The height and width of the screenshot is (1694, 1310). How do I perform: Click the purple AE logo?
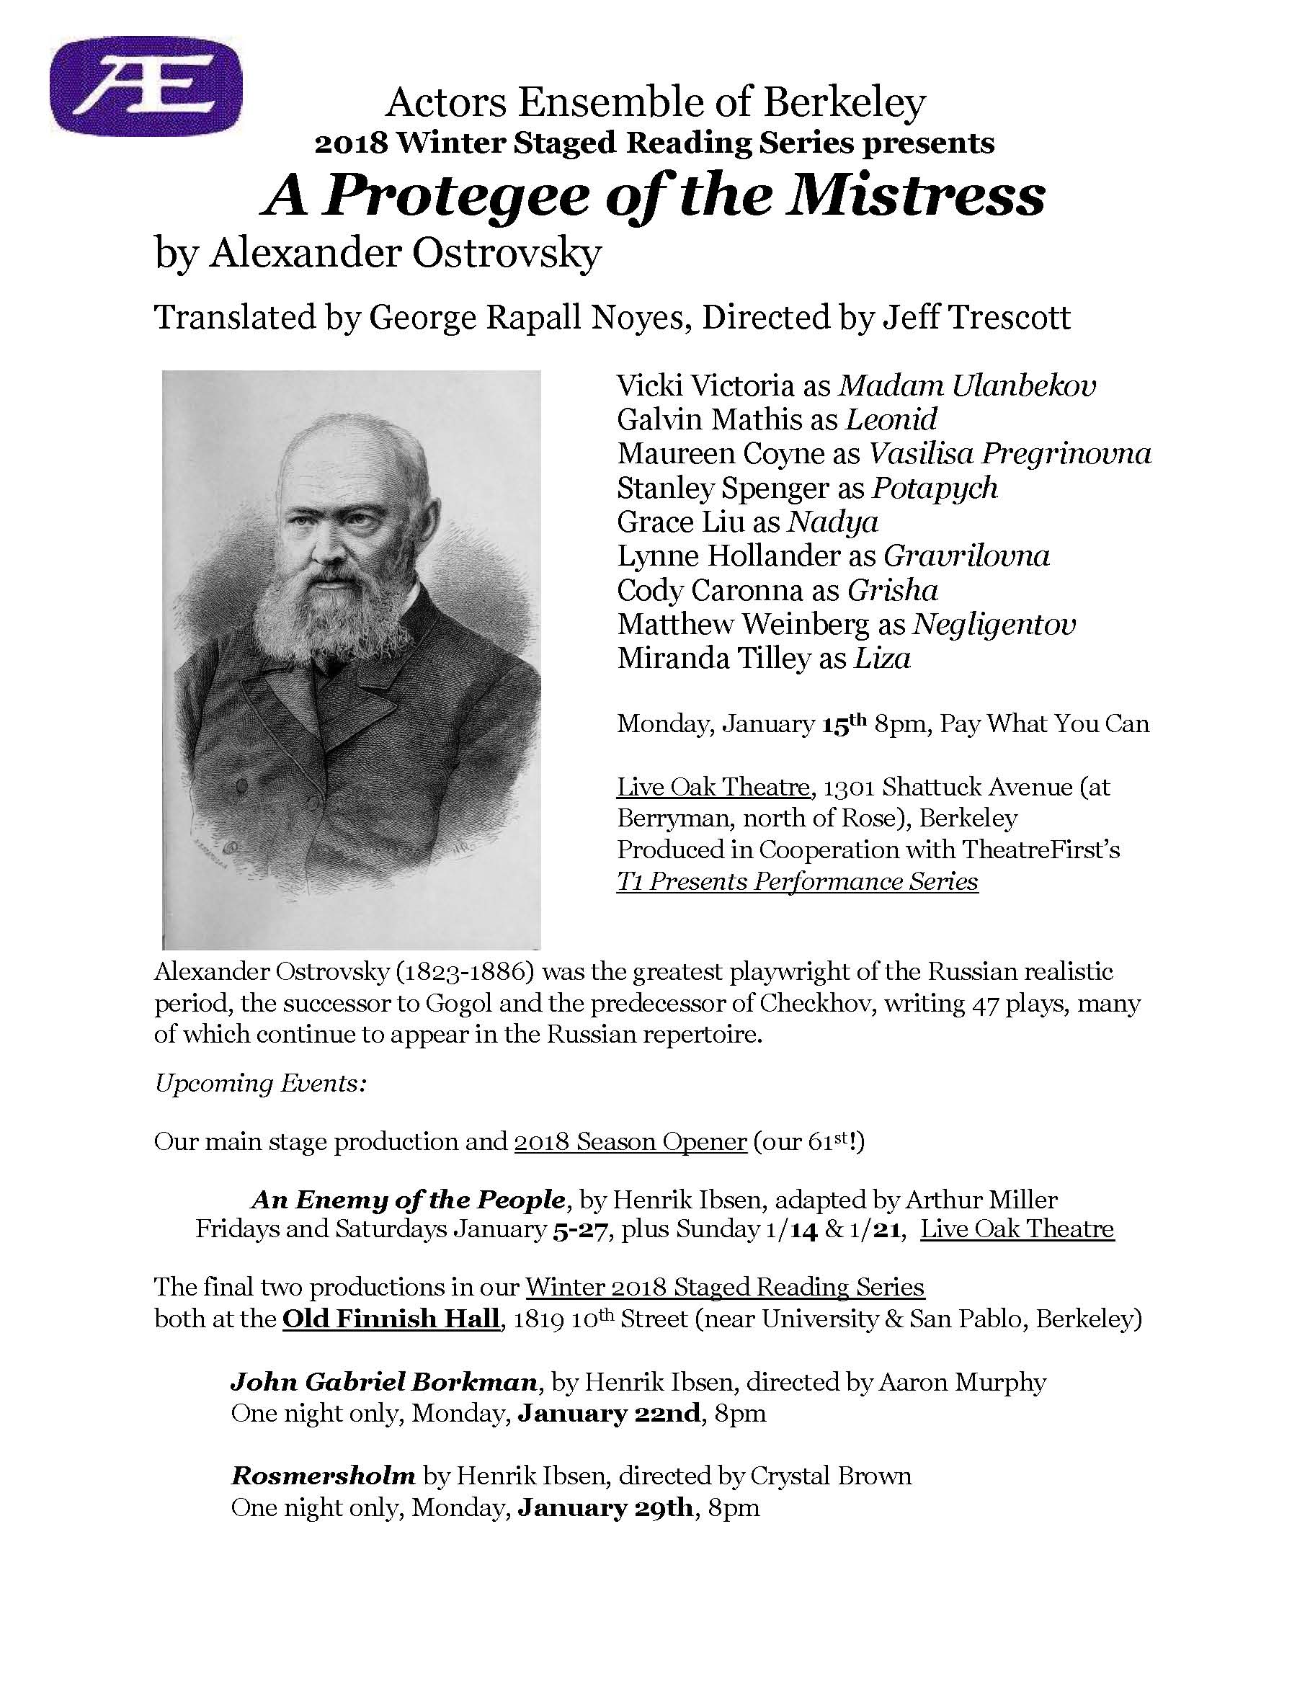pyautogui.click(x=146, y=86)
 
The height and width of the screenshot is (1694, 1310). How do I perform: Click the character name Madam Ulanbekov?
pyautogui.click(x=968, y=385)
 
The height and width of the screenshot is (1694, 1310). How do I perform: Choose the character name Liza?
pyautogui.click(x=882, y=659)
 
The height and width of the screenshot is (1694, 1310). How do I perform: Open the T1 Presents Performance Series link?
pyautogui.click(x=798, y=882)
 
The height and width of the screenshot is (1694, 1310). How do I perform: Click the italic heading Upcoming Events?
pyautogui.click(x=260, y=1083)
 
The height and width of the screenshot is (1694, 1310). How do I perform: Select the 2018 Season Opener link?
pyautogui.click(x=630, y=1142)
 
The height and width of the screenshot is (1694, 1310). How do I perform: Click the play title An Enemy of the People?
pyautogui.click(x=408, y=1200)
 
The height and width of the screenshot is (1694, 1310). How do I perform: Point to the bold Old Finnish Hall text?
pyautogui.click(x=391, y=1319)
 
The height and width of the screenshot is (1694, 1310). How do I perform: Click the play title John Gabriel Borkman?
pyautogui.click(x=384, y=1382)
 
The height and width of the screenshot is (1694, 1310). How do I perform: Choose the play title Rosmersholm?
pyautogui.click(x=324, y=1475)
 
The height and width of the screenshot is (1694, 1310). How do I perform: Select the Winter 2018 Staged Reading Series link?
pyautogui.click(x=725, y=1288)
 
